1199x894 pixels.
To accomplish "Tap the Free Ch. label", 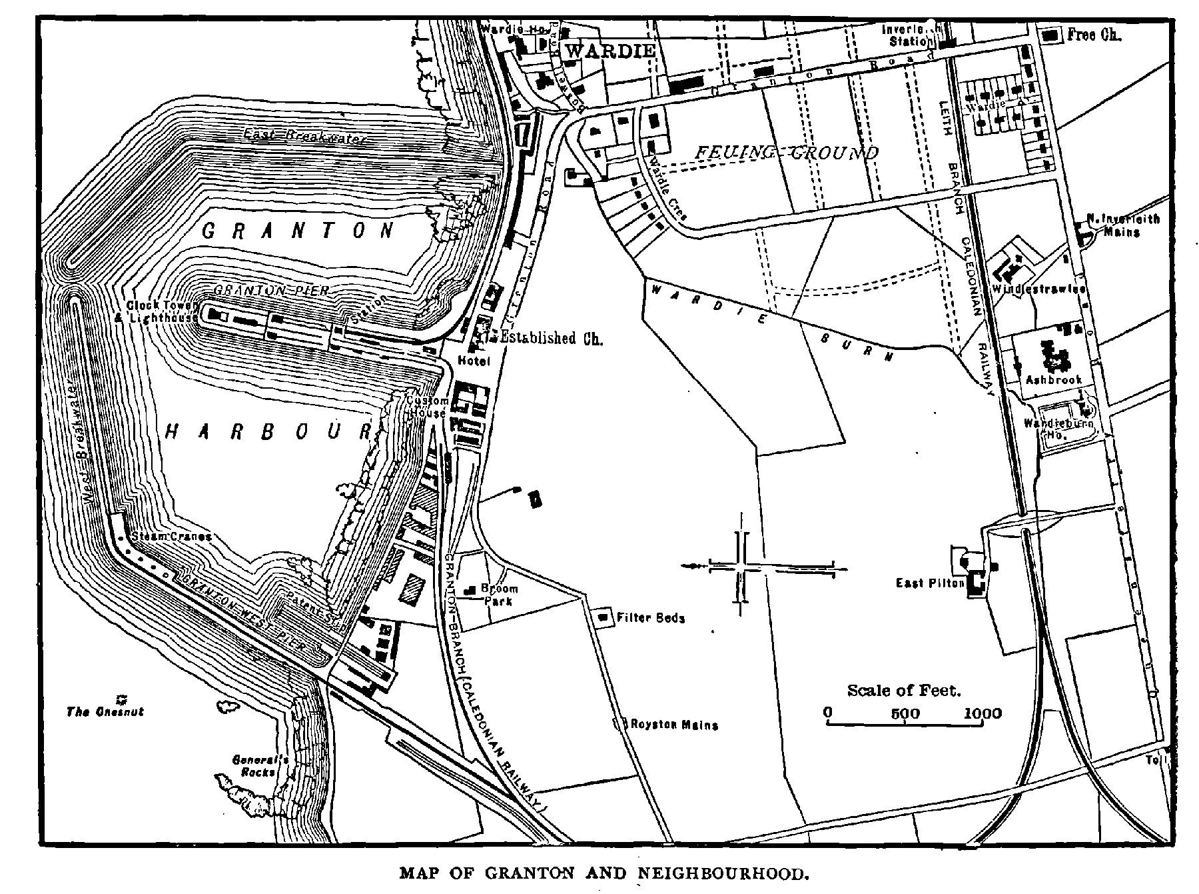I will click(1094, 35).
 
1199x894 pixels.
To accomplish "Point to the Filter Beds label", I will click(650, 618).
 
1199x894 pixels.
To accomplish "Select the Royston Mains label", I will click(674, 725).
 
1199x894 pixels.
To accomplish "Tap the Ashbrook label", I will click(1054, 380).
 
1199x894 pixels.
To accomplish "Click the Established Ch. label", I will click(551, 338).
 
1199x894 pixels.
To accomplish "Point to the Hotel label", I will click(474, 361).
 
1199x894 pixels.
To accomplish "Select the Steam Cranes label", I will click(171, 537).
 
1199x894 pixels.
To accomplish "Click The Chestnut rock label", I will click(105, 711).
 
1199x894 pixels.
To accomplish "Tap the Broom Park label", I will click(499, 595).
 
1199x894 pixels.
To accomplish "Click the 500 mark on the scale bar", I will click(905, 713).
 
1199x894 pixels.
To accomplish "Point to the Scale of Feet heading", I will click(904, 691).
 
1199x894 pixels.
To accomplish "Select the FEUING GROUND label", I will click(787, 153).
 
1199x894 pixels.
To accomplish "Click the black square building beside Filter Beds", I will click(603, 617).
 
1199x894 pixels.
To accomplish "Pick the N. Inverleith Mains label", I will click(1122, 225).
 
